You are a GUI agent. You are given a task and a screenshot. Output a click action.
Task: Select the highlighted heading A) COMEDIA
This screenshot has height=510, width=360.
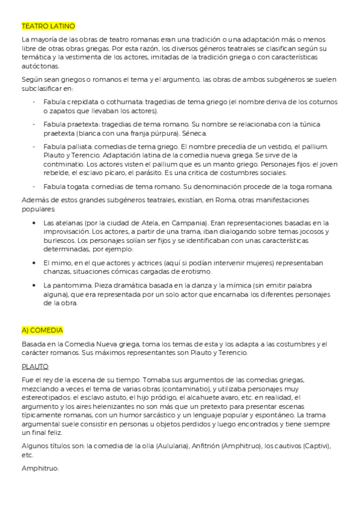(x=42, y=330)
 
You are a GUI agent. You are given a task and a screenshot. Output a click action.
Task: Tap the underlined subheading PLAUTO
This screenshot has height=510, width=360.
(x=35, y=366)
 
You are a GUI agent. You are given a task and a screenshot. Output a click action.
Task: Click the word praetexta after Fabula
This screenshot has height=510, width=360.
(x=75, y=124)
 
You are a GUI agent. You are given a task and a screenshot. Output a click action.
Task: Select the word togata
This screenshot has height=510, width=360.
(x=73, y=186)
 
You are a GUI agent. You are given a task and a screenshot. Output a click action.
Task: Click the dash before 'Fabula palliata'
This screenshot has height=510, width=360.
(x=34, y=147)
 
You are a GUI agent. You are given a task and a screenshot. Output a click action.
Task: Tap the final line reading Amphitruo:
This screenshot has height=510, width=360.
(x=39, y=467)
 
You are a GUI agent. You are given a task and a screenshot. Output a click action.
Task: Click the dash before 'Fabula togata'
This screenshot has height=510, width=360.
(x=34, y=186)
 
